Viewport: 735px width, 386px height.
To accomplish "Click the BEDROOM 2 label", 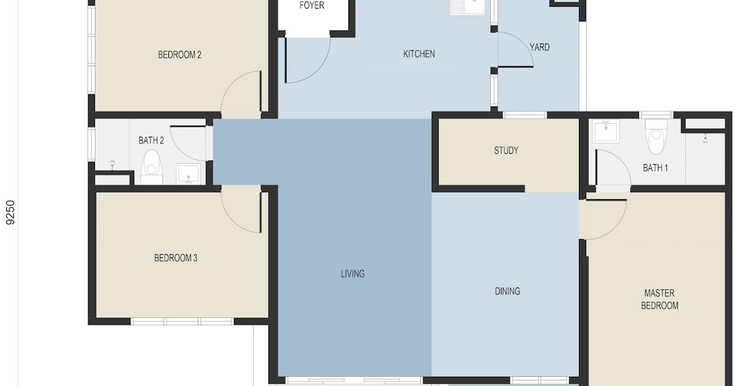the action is tap(179, 55).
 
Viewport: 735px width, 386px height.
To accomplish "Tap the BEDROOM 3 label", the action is tap(176, 258).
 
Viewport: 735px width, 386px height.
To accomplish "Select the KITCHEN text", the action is tap(419, 54).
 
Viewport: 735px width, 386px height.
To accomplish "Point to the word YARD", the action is tap(540, 47).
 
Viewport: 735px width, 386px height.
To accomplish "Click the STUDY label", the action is tap(507, 150).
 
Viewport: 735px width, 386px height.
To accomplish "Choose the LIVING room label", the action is tap(353, 274).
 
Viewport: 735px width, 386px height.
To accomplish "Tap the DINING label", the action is tap(507, 291).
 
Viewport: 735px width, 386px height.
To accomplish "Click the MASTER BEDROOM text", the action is tap(660, 299).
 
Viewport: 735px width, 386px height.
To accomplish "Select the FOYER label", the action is tap(312, 5).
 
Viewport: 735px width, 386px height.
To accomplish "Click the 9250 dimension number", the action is tap(10, 213).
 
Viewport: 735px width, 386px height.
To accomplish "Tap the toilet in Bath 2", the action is tap(152, 167).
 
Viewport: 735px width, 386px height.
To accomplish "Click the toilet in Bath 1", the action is tap(656, 136).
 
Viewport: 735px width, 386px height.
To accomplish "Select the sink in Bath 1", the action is tap(606, 131).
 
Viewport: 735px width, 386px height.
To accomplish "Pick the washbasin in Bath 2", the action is tap(189, 174).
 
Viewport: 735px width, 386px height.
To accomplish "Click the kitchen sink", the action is tap(467, 7).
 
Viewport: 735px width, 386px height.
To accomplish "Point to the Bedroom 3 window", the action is tap(182, 321).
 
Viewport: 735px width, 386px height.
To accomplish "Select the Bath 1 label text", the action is tap(655, 168).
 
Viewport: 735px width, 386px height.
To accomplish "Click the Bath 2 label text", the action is tap(151, 140).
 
